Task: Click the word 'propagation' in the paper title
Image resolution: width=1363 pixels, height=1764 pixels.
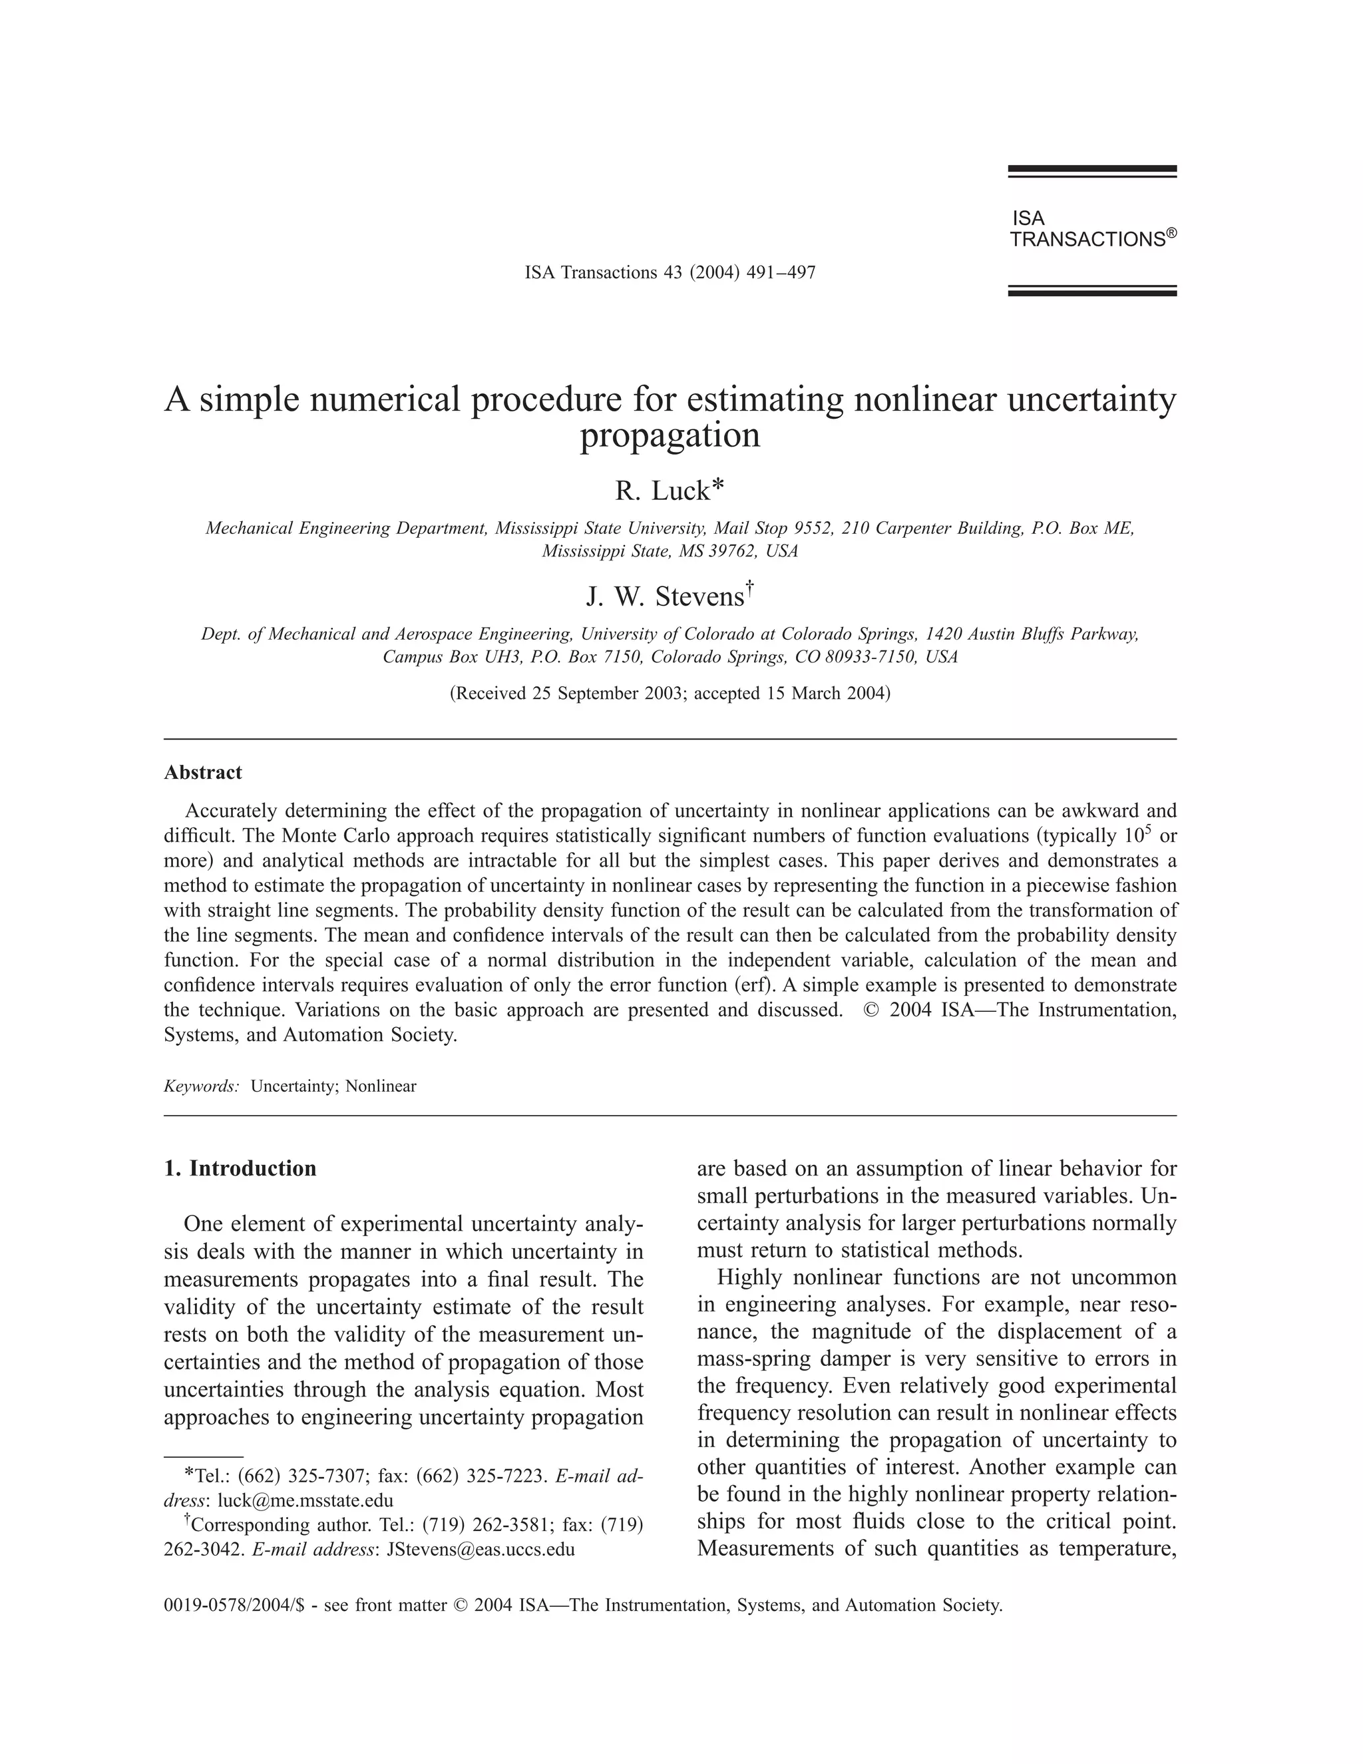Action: (x=670, y=435)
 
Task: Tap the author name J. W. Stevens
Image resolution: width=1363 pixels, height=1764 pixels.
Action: (x=664, y=597)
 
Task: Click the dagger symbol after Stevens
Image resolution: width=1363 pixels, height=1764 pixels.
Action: (x=749, y=586)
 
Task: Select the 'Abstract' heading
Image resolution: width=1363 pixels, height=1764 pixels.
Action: (x=203, y=773)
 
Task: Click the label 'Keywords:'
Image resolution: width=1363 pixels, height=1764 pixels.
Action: (x=201, y=1086)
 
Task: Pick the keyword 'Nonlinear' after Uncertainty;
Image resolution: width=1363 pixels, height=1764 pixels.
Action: (x=381, y=1086)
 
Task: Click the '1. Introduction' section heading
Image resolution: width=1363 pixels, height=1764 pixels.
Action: (x=240, y=1169)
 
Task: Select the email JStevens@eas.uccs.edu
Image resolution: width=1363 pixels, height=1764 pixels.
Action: (x=481, y=1550)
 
